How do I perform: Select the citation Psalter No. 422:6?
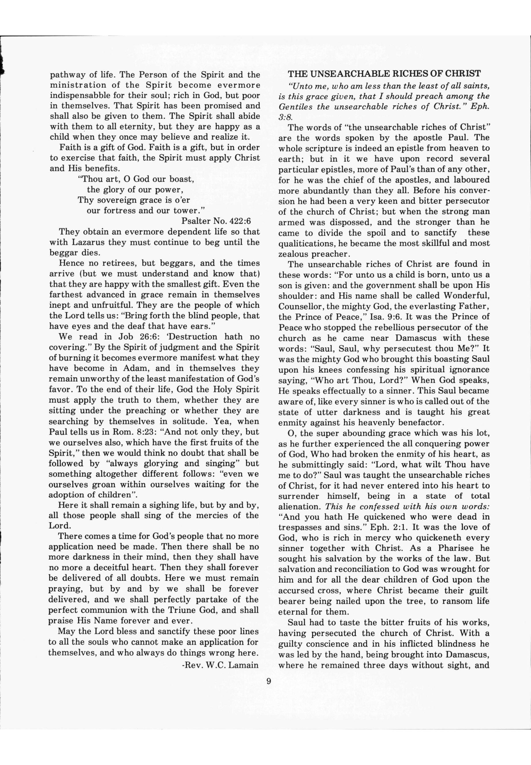(216, 221)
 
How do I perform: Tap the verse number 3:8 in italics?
(285, 117)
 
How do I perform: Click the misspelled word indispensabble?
(81, 96)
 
